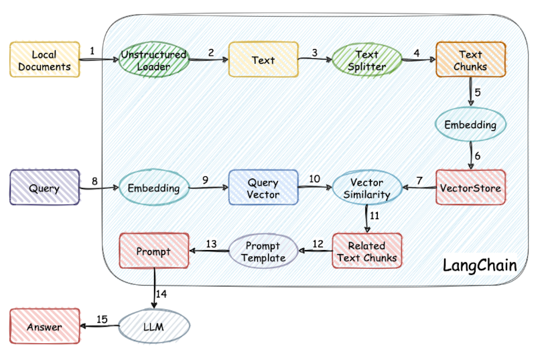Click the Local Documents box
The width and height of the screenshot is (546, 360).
pyautogui.click(x=44, y=60)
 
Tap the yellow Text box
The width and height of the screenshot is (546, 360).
pyautogui.click(x=263, y=60)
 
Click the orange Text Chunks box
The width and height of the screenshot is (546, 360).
pyautogui.click(x=471, y=60)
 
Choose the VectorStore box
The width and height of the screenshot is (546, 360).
pyautogui.click(x=470, y=188)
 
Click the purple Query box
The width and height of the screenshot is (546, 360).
pyautogui.click(x=44, y=188)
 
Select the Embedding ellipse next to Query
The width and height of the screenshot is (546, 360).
pyautogui.click(x=154, y=188)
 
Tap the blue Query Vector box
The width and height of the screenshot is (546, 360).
pyautogui.click(x=263, y=188)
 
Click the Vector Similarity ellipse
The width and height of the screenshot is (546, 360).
pyautogui.click(x=366, y=188)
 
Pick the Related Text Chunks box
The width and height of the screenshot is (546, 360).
pyautogui.click(x=367, y=251)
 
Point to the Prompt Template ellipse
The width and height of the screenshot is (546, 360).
pyautogui.click(x=263, y=251)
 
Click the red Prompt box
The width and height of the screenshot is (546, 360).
pyautogui.click(x=153, y=251)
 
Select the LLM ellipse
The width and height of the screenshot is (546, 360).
pyautogui.click(x=154, y=327)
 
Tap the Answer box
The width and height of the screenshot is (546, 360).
pyautogui.click(x=44, y=327)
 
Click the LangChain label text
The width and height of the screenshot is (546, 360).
pyautogui.click(x=480, y=265)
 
